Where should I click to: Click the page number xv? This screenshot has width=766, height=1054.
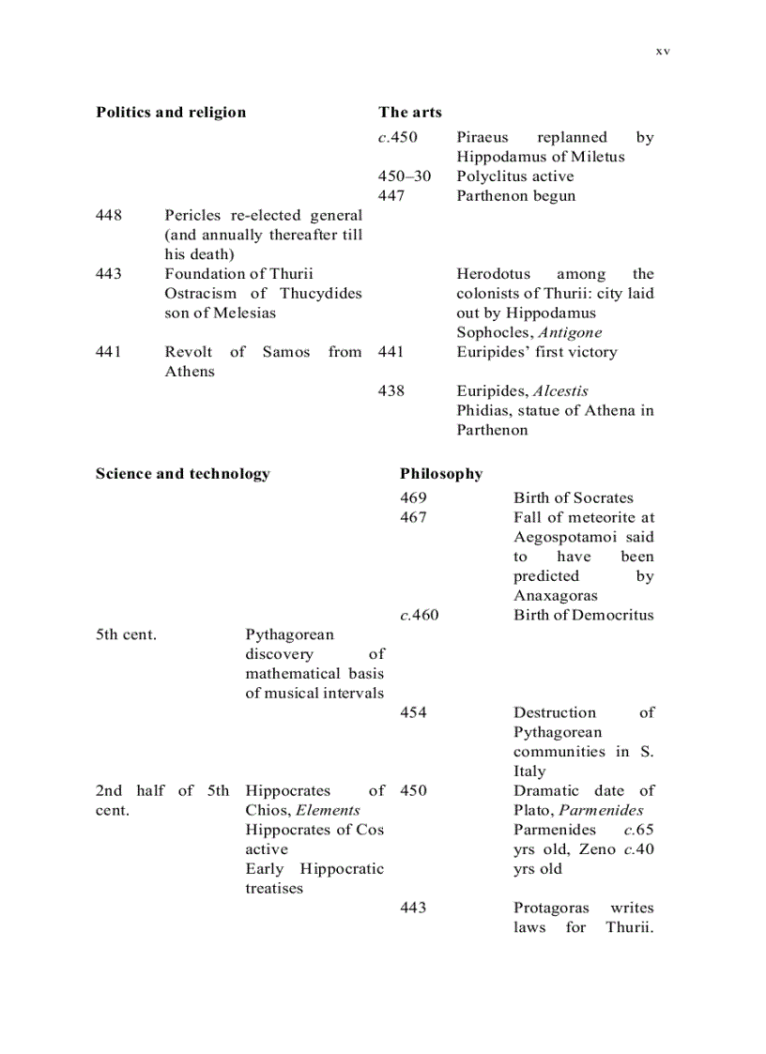[662, 52]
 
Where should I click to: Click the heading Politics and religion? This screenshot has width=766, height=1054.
[171, 113]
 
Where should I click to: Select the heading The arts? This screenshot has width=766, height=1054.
[410, 113]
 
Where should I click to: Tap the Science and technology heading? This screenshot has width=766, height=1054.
[182, 474]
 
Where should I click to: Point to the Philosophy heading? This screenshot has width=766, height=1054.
[441, 474]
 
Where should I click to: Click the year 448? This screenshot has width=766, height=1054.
[109, 216]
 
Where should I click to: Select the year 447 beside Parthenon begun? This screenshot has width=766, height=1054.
[391, 196]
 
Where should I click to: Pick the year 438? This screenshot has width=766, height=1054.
[391, 391]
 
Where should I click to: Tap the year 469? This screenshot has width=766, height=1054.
[413, 498]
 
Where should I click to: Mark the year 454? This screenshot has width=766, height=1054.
[413, 713]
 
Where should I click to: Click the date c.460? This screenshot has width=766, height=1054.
[419, 616]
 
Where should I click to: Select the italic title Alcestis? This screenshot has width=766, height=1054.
[563, 391]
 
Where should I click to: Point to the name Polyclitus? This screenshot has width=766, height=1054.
[492, 176]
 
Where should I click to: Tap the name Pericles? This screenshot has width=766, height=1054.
[194, 216]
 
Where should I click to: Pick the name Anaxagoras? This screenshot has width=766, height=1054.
[556, 596]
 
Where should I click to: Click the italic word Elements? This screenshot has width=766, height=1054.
[328, 811]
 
